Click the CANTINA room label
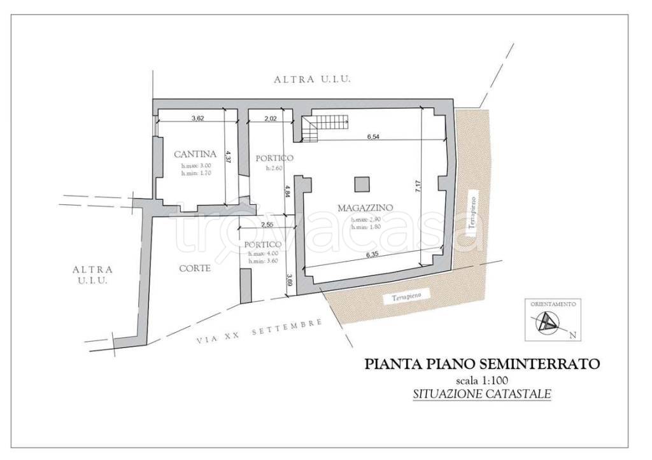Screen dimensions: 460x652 195,153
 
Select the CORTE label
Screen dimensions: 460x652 194,268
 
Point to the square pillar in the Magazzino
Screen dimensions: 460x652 361,183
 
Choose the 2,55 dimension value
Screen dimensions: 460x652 267,225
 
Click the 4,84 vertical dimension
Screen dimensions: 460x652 288,191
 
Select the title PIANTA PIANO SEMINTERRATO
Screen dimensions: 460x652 481,365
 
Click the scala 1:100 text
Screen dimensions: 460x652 481,380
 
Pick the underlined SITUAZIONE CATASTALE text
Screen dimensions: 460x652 481,394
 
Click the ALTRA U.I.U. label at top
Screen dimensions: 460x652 313,80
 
